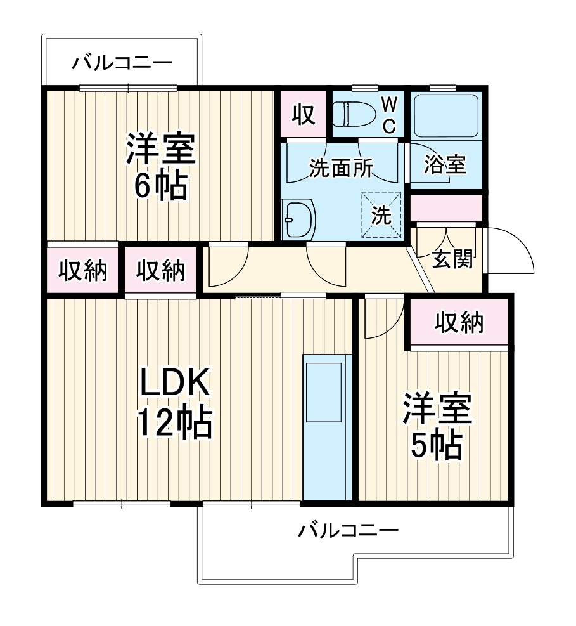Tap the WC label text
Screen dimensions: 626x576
389,115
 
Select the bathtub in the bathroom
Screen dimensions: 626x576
445,116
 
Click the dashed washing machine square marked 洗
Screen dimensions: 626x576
382,215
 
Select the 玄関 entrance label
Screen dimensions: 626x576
452,259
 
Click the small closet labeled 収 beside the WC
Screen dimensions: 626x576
303,115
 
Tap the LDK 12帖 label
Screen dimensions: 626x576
174,404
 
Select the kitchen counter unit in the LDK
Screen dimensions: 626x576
327,428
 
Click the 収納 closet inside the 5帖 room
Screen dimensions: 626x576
459,322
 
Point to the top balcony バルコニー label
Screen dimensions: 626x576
122,62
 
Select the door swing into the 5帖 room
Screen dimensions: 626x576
383,317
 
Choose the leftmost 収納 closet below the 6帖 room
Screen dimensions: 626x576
82,270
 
